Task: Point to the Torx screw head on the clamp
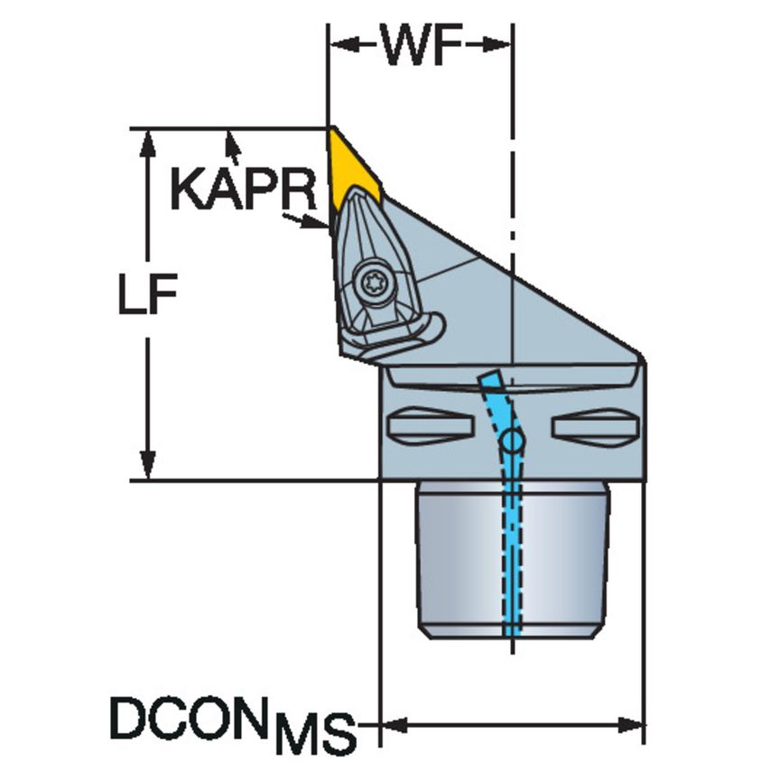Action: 371,283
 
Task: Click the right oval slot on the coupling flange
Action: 595,423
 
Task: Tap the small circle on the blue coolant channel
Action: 512,441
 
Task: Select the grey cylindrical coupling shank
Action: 451,560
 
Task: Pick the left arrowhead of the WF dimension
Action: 341,43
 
